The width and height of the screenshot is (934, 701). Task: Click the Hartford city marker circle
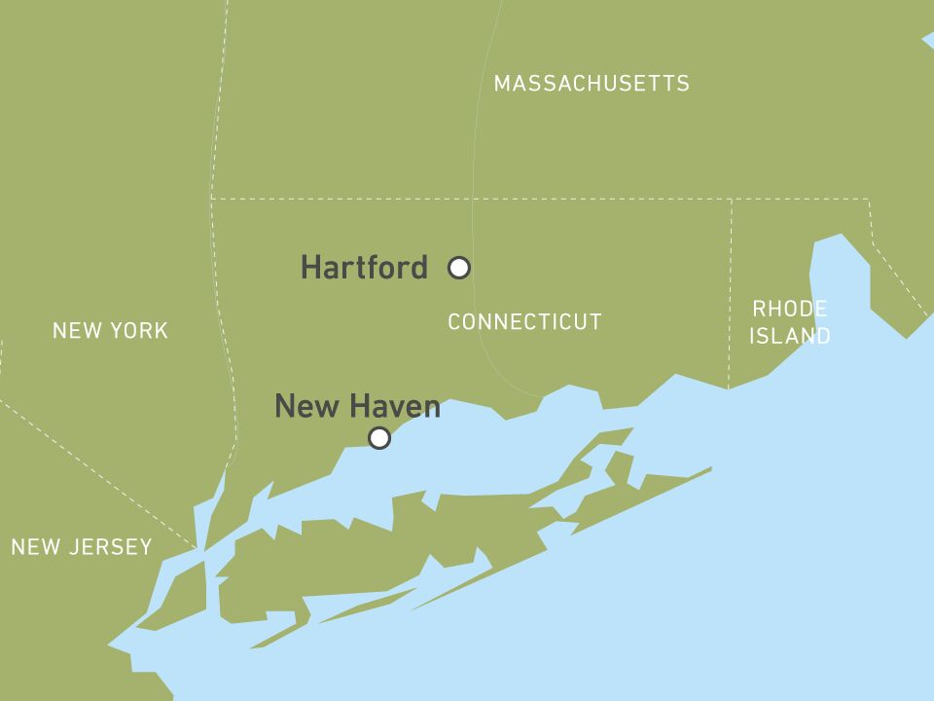459,268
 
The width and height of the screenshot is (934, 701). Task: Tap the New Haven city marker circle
379,438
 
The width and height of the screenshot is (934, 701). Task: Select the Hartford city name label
364,267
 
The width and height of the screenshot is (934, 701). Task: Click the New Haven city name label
357,406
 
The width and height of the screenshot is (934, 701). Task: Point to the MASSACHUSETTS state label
592,84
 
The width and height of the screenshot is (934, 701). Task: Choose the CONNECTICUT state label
524,322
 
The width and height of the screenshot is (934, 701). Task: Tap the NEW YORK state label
110,331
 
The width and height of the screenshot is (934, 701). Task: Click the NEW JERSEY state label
82,547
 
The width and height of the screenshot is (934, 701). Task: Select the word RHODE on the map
790,310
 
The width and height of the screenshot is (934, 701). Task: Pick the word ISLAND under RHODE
790,337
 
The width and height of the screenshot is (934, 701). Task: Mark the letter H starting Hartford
310,267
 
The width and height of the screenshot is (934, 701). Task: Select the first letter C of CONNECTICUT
454,322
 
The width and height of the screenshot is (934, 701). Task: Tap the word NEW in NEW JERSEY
33,547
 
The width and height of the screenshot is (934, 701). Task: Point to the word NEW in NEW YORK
74,331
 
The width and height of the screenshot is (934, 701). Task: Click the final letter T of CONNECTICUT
596,322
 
